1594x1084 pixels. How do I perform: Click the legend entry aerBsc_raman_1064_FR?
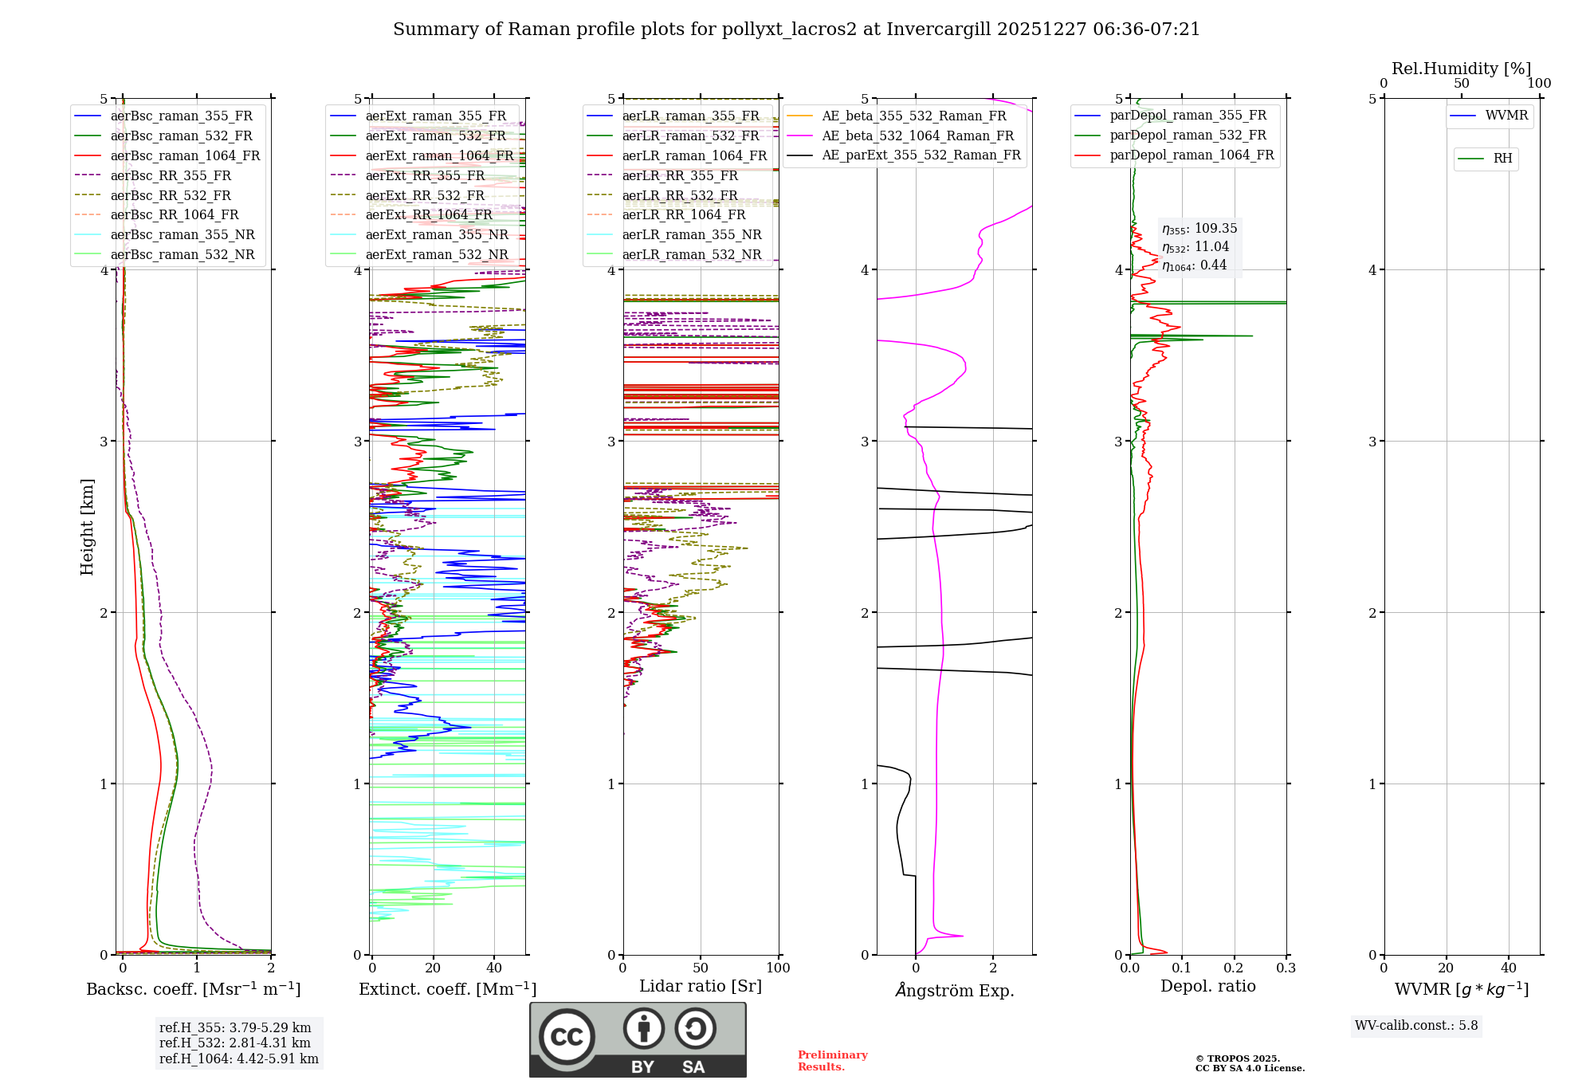(185, 155)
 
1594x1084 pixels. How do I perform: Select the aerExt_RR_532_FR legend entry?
(425, 195)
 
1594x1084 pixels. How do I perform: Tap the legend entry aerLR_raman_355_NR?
(691, 234)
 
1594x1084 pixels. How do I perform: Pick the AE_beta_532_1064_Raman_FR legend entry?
(917, 135)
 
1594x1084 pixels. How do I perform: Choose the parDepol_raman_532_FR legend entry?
(1188, 135)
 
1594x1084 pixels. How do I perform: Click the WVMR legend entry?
(1506, 116)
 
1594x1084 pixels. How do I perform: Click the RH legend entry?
(1502, 159)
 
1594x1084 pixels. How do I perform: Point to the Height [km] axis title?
(87, 527)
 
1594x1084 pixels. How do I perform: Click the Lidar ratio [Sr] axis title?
(701, 986)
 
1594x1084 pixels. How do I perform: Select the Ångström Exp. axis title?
(955, 990)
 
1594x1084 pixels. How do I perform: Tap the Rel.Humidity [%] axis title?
(1461, 69)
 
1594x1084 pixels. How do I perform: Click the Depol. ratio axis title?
(1207, 986)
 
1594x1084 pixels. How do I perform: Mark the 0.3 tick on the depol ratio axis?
(1286, 968)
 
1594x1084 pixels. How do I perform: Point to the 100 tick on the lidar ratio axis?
(778, 968)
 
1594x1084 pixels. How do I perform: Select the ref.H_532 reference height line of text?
(235, 1043)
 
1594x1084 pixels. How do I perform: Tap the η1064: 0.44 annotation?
(1194, 265)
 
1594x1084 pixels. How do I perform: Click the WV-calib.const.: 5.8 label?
(1416, 1026)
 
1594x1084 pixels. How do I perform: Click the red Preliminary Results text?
(833, 1061)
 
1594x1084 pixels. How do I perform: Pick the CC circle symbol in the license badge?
(567, 1037)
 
